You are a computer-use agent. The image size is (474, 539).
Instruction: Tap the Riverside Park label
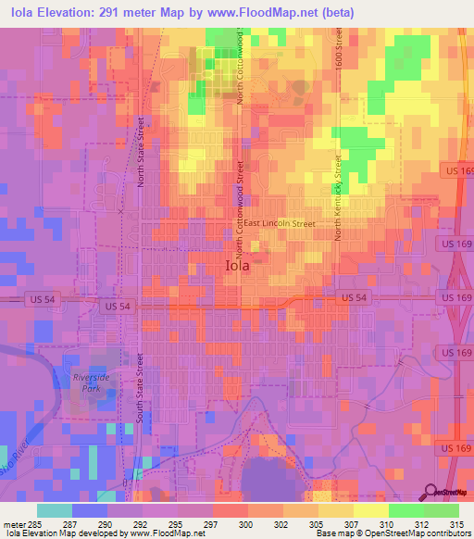tap(91, 383)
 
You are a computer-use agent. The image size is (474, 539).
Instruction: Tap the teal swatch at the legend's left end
tap(55, 510)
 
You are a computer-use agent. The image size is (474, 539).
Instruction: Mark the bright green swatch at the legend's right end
tap(442, 510)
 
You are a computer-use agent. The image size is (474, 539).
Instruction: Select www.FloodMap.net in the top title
tap(293, 12)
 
